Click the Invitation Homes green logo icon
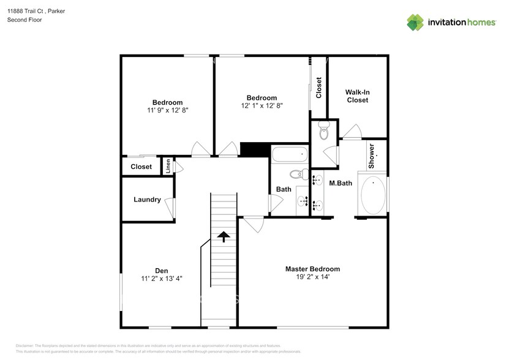415,22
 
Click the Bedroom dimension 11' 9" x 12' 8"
167,111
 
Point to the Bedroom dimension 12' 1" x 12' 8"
262,106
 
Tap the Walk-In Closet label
358,96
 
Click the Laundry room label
147,200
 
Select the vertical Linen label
168,167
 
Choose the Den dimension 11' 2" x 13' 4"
161,279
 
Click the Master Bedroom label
312,269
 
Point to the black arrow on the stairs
224,236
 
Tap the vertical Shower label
371,157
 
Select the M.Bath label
341,182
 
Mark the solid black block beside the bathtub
254,150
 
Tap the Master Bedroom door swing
252,224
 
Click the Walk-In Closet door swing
352,132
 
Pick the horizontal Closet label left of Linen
141,167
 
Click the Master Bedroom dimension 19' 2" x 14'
312,277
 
